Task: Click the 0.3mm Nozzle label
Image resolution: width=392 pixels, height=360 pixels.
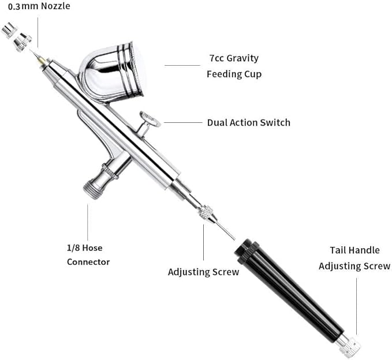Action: click(x=39, y=6)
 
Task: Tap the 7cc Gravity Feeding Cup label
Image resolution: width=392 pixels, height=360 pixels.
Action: click(x=234, y=66)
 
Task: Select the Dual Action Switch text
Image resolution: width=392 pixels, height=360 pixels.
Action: click(x=249, y=123)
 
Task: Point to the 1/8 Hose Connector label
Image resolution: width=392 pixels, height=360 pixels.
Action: click(x=88, y=255)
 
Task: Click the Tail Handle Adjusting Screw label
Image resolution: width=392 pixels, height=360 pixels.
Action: click(x=354, y=258)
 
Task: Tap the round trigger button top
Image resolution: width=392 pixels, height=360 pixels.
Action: click(x=150, y=119)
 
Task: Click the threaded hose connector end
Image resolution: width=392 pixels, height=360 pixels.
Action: click(x=92, y=190)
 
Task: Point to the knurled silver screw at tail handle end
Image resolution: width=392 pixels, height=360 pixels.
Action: click(x=349, y=346)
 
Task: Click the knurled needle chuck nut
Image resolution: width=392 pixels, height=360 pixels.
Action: click(x=206, y=213)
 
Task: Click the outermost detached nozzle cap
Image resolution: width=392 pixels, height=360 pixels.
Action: click(x=9, y=30)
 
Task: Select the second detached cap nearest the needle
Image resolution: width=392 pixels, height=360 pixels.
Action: click(x=23, y=42)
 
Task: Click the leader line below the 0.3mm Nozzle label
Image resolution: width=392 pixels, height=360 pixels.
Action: click(x=38, y=32)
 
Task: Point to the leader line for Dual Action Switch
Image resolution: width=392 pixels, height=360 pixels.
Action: click(x=183, y=123)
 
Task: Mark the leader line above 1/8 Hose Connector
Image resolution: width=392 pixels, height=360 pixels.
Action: click(x=88, y=222)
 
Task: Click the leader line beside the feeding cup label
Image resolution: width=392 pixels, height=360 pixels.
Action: click(x=182, y=65)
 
